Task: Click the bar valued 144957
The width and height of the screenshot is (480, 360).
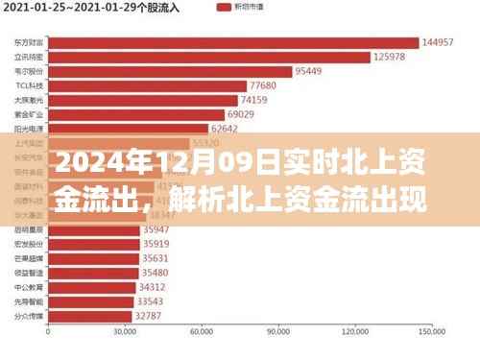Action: (233, 42)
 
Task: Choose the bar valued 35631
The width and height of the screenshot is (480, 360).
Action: (92, 258)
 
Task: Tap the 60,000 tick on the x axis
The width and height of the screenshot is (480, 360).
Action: (202, 333)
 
